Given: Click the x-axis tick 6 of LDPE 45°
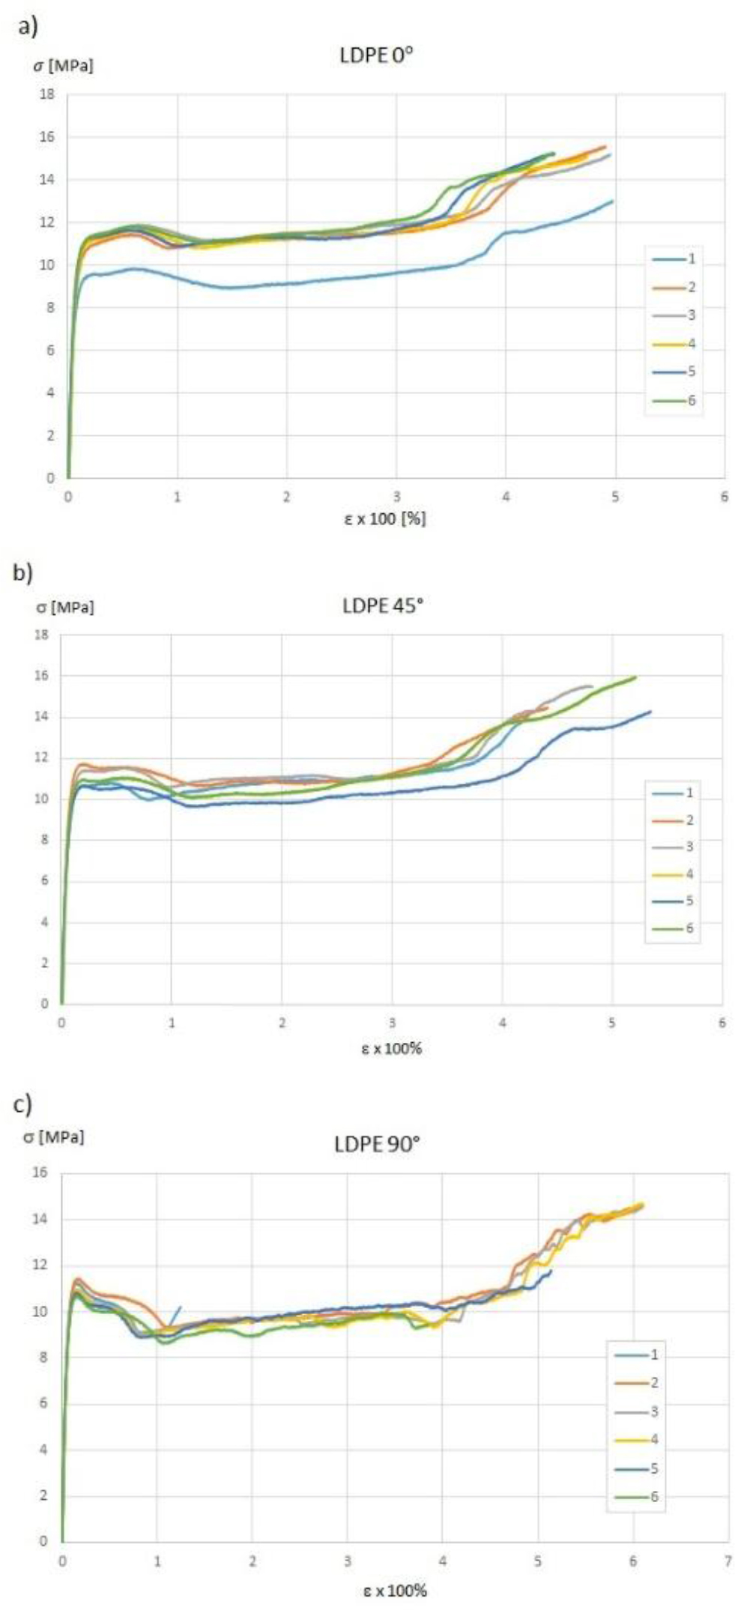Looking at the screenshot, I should [x=722, y=1023].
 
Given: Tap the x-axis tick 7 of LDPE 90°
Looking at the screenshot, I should [x=728, y=1561].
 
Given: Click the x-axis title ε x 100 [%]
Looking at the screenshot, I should [x=385, y=518].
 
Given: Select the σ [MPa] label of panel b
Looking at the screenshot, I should [x=65, y=607].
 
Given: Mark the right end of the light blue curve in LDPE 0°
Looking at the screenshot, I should [x=613, y=201].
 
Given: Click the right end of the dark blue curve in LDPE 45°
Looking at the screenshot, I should [x=650, y=712].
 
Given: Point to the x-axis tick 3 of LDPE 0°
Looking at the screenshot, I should [x=396, y=497].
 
